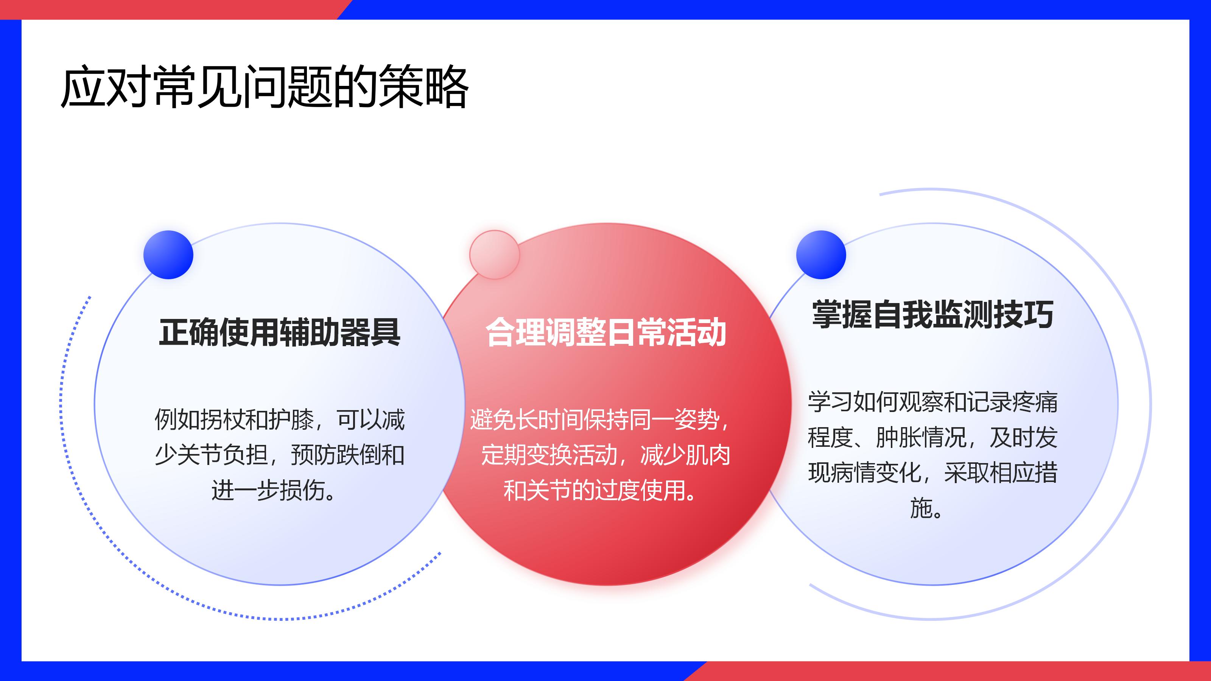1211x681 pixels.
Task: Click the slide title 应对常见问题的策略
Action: (x=265, y=87)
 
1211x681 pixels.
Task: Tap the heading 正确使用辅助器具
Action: (x=280, y=332)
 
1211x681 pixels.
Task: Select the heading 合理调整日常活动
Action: (x=606, y=332)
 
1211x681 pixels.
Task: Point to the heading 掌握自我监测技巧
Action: (x=933, y=314)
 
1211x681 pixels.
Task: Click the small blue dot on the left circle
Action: (x=168, y=255)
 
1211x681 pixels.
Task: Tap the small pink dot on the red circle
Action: (x=495, y=255)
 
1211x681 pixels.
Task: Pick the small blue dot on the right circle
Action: (x=821, y=255)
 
